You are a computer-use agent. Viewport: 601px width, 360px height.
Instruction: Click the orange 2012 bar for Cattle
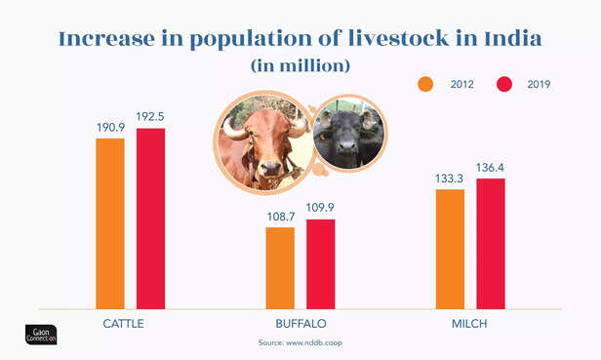110,223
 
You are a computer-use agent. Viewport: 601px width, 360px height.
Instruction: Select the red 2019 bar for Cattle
150,219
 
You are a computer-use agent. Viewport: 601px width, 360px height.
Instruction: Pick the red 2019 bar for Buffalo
320,264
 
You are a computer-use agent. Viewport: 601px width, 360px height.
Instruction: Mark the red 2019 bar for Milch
491,244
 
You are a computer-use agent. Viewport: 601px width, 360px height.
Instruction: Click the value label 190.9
110,129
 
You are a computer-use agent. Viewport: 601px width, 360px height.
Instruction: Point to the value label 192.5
150,118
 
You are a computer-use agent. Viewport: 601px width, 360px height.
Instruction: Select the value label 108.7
280,218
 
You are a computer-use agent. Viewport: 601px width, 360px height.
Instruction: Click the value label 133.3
451,180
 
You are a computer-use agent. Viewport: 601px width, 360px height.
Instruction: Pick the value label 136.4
491,168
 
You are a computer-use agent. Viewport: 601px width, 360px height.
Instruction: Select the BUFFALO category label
300,323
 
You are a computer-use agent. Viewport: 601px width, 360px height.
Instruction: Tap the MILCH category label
469,323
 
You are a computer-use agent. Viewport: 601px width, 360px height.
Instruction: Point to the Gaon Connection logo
41,333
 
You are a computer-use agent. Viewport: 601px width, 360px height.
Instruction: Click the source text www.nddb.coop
300,343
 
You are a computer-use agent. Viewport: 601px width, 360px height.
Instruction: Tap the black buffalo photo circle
350,134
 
